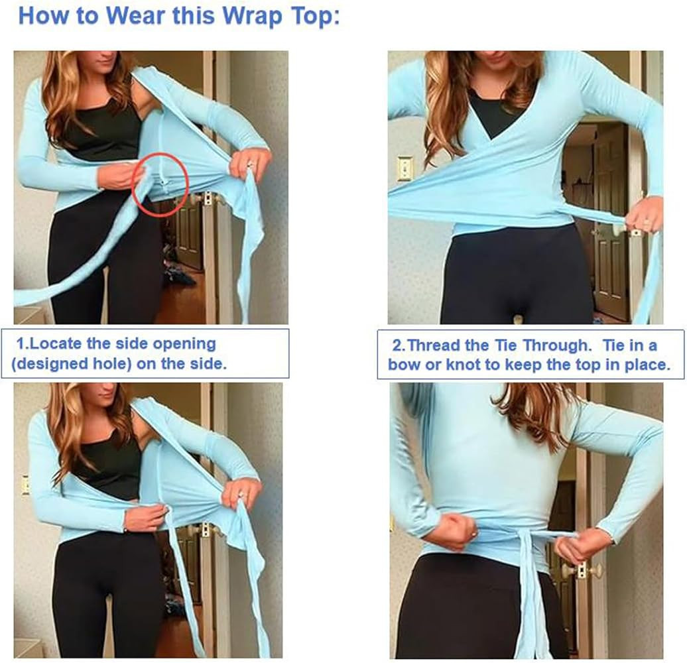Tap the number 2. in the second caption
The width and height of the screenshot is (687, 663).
[x=398, y=345]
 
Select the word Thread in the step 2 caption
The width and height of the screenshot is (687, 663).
[x=433, y=345]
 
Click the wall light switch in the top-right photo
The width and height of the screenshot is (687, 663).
[x=405, y=168]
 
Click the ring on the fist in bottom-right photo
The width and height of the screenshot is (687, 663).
[x=472, y=534]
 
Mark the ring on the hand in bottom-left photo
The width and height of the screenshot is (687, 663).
[x=243, y=495]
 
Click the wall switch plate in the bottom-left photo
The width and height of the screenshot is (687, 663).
[x=25, y=485]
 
